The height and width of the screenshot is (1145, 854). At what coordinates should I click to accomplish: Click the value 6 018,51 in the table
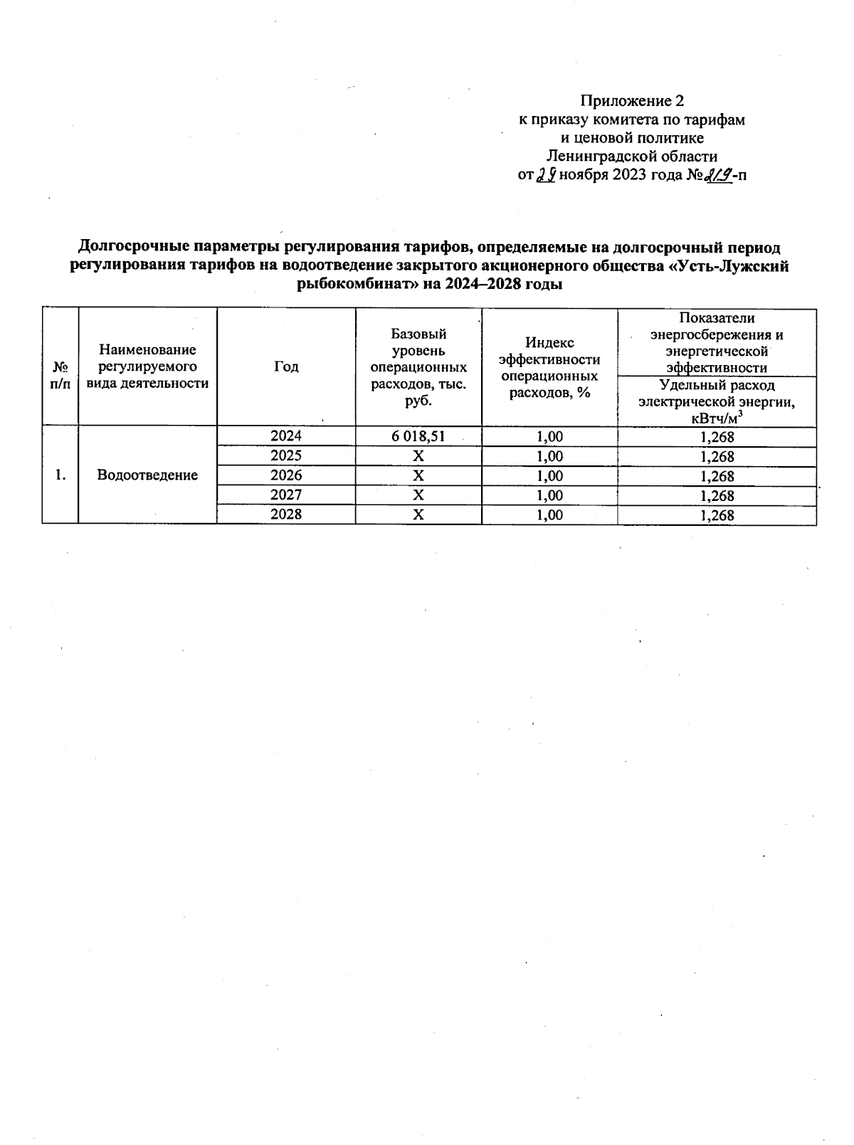coord(418,436)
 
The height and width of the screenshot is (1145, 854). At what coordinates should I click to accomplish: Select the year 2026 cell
coord(285,475)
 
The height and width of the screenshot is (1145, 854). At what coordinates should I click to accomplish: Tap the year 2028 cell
coord(285,515)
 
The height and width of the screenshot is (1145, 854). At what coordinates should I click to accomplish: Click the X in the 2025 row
coord(418,456)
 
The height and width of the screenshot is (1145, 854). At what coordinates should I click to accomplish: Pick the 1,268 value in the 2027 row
coord(717,495)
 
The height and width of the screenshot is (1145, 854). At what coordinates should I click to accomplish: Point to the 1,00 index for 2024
coord(549,437)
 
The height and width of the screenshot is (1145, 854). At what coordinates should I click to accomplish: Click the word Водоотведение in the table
coord(147,475)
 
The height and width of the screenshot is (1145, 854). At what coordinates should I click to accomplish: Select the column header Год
coord(285,366)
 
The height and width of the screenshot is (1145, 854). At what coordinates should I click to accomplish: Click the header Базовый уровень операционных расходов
coord(418,366)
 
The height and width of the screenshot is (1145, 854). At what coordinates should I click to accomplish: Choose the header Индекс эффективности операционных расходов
coord(549,367)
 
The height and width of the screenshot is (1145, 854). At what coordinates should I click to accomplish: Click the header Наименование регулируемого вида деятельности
coord(147,366)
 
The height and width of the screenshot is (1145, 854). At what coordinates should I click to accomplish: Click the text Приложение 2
coord(632,101)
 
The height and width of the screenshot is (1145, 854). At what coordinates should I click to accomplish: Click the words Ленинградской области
coord(632,157)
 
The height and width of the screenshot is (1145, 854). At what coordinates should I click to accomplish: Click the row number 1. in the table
coord(60,475)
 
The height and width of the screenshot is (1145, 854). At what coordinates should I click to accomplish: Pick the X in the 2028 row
coord(418,515)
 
